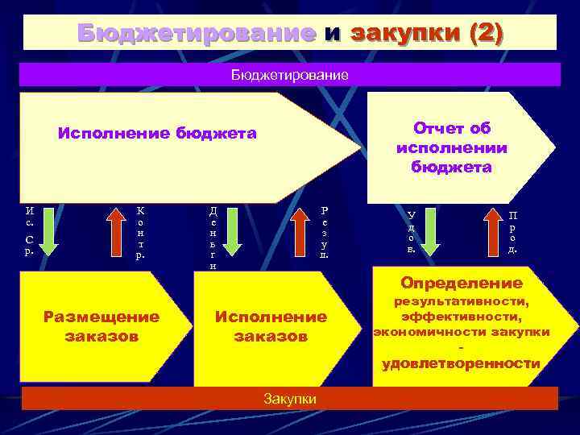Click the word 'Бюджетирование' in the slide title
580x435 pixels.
[197, 33]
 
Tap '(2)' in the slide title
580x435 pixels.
[477, 33]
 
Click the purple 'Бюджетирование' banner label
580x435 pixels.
[289, 75]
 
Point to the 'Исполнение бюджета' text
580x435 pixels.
[157, 134]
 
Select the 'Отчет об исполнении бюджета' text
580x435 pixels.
[451, 148]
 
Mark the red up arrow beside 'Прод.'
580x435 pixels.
[494, 233]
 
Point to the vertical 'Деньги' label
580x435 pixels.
[213, 237]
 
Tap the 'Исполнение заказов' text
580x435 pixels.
[271, 326]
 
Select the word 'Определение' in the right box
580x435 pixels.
[462, 284]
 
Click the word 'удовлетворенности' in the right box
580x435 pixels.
[461, 363]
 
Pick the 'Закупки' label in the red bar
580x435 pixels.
[289, 399]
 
